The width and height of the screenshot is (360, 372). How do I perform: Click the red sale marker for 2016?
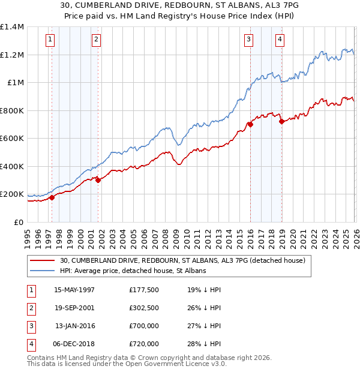click(250, 125)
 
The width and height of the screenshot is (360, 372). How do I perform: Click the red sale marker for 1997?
click(52, 197)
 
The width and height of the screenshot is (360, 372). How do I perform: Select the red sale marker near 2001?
click(98, 180)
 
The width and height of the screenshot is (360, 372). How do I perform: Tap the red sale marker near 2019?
click(281, 122)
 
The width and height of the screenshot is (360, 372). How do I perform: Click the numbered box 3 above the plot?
click(248, 40)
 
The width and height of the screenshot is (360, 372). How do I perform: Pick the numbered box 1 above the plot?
click(50, 40)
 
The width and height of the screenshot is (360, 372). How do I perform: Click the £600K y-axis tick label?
click(12, 139)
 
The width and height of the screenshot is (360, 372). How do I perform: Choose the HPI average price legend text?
click(133, 271)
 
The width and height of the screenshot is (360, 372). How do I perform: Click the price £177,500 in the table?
click(144, 289)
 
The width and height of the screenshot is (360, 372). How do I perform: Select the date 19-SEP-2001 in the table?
click(74, 308)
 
